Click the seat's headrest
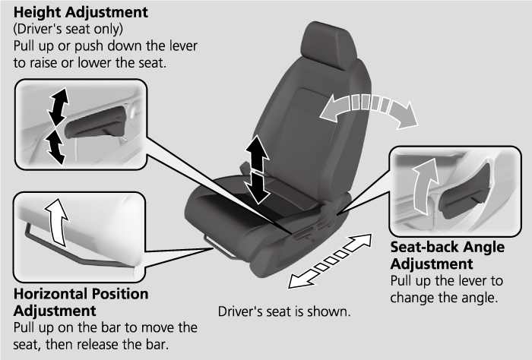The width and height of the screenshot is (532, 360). pyautogui.click(x=328, y=45)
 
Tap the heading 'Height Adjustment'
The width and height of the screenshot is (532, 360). pyautogui.click(x=81, y=12)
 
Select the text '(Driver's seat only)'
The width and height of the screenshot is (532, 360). pyautogui.click(x=68, y=29)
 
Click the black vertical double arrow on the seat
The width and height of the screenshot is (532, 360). pyautogui.click(x=257, y=169)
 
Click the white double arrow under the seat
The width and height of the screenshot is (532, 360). pyautogui.click(x=330, y=261)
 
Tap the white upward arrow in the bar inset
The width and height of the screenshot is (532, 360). pyautogui.click(x=57, y=222)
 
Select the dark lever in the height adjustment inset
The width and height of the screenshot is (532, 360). pyautogui.click(x=96, y=122)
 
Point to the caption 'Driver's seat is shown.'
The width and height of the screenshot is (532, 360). pyautogui.click(x=284, y=311)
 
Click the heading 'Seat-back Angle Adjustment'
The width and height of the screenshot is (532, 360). pyautogui.click(x=447, y=255)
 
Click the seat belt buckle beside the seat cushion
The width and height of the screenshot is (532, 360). pyautogui.click(x=244, y=167)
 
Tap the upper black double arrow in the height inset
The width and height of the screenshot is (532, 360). pyautogui.click(x=59, y=106)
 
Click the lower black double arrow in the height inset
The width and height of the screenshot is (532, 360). pyautogui.click(x=55, y=147)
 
